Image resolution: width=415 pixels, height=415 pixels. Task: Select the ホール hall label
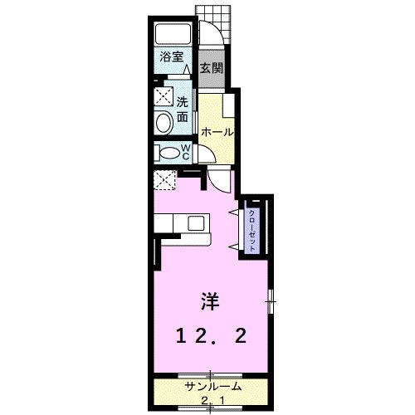(217, 131)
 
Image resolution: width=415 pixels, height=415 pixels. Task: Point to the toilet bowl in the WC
(168, 153)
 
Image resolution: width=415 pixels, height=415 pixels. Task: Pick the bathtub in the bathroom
(173, 36)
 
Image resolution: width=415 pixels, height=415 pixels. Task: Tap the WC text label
(186, 153)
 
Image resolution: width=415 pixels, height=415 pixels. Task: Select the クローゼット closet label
(251, 227)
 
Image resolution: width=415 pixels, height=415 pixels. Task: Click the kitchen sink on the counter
(196, 222)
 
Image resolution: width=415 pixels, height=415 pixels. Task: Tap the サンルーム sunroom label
(212, 387)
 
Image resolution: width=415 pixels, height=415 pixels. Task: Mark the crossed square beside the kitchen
(164, 178)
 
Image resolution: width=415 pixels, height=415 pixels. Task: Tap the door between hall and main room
(219, 178)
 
